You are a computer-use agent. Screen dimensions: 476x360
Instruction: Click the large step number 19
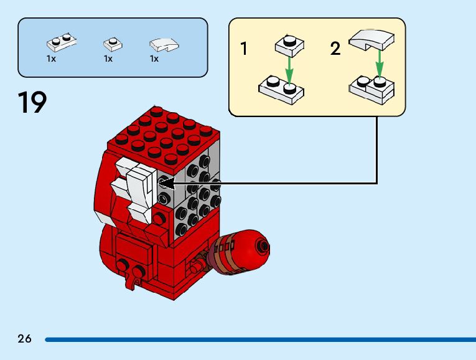(32, 102)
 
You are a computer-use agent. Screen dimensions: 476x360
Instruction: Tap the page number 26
(24, 339)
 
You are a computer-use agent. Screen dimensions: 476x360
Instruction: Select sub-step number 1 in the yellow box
(244, 49)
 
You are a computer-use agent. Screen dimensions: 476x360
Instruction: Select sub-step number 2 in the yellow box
(335, 49)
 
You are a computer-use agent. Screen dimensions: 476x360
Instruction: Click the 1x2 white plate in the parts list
(62, 43)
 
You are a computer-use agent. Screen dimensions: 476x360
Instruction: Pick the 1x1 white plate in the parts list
(112, 44)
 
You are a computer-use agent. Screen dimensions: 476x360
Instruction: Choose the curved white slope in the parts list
(164, 44)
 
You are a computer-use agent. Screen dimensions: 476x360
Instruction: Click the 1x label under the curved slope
(154, 59)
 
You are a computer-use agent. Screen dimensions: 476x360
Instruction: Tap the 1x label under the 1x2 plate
(51, 59)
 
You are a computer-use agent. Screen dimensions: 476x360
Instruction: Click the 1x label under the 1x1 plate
(108, 59)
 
